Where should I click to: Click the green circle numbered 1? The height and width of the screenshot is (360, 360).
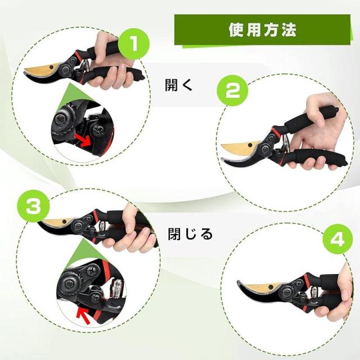pyautogui.click(x=134, y=44)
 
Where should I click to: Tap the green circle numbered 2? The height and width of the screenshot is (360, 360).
pyautogui.click(x=232, y=90)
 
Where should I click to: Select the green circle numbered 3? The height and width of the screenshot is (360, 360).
pyautogui.click(x=34, y=206)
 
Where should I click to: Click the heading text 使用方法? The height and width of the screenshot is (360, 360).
pyautogui.click(x=263, y=30)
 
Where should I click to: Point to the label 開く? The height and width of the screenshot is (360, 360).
pyautogui.click(x=178, y=85)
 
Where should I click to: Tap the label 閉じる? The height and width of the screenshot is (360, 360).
pyautogui.click(x=190, y=234)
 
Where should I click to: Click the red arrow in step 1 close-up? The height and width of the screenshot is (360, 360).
pyautogui.click(x=83, y=141)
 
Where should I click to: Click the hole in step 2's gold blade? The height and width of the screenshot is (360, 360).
pyautogui.click(x=250, y=145)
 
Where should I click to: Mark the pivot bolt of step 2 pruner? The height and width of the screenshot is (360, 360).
pyautogui.click(x=266, y=150)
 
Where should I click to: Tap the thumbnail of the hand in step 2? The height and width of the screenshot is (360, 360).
pyautogui.click(x=320, y=119)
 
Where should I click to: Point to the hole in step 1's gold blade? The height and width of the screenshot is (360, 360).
pyautogui.click(x=51, y=67)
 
